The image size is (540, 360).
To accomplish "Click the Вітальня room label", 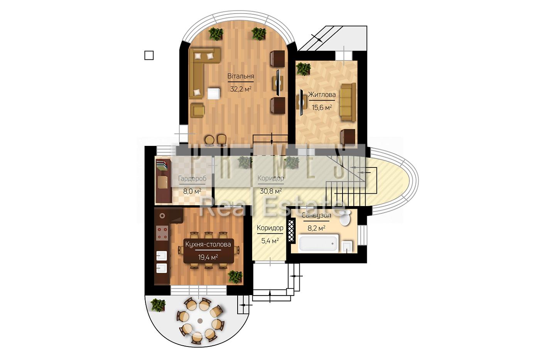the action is tap(241, 76).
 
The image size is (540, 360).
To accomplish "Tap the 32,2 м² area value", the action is tap(241, 89).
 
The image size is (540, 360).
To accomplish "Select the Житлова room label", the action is tap(322, 95).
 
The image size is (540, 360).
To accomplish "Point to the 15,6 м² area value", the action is tap(322, 107).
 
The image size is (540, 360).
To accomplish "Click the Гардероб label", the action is tap(192, 179).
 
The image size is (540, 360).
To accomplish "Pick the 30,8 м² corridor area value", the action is tap(271, 191).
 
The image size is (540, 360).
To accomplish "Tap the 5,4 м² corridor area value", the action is tap(270, 240).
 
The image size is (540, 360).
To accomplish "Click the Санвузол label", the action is tap(316, 215).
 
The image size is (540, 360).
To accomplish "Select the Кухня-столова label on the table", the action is tap(208, 244).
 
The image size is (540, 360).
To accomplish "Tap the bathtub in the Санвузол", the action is tap(318, 243).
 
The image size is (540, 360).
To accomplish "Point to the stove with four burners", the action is tap(162, 233).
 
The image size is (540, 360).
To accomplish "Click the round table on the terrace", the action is tap(200, 321).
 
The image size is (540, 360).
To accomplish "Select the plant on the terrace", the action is tap(158, 305).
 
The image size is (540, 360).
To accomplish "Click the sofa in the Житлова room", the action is tap(348, 102).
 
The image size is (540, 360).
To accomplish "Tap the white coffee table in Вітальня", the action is tap(214, 93).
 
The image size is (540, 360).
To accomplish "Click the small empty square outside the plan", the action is tap(149, 55).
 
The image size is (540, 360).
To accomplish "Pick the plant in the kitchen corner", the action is tap(235, 276).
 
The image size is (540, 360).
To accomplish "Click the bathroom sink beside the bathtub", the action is tap(347, 247).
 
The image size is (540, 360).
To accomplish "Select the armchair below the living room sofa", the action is tap(197, 110).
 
